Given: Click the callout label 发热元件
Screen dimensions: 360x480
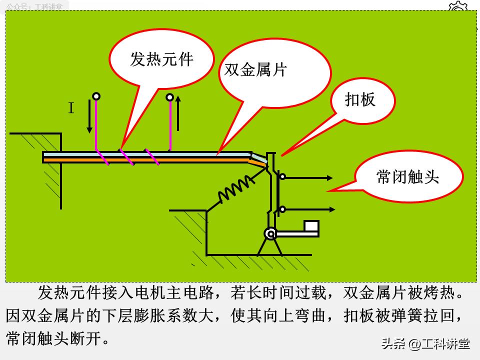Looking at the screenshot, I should pyautogui.click(x=161, y=60).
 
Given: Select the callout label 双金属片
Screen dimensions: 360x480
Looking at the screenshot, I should pyautogui.click(x=255, y=70).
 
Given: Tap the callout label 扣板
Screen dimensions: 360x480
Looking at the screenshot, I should pyautogui.click(x=360, y=100).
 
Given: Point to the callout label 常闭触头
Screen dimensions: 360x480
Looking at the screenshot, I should pyautogui.click(x=407, y=176).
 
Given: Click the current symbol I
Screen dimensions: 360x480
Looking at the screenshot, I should pyautogui.click(x=71, y=108).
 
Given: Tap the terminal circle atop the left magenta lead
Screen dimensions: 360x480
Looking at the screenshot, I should pyautogui.click(x=96, y=96).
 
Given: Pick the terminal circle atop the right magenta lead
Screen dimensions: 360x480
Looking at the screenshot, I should pyautogui.click(x=170, y=97).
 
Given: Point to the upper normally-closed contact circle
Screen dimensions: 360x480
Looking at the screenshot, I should pyautogui.click(x=282, y=176).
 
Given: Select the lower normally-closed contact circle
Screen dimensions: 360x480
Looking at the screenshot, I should pyautogui.click(x=282, y=209).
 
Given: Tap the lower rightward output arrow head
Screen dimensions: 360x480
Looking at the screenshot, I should pyautogui.click(x=331, y=209).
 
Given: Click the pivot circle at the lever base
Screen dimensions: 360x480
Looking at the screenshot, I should pyautogui.click(x=270, y=233).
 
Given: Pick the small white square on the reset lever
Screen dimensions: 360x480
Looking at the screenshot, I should pyautogui.click(x=311, y=226).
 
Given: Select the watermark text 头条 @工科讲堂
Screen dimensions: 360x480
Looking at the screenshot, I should pyautogui.click(x=425, y=344).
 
